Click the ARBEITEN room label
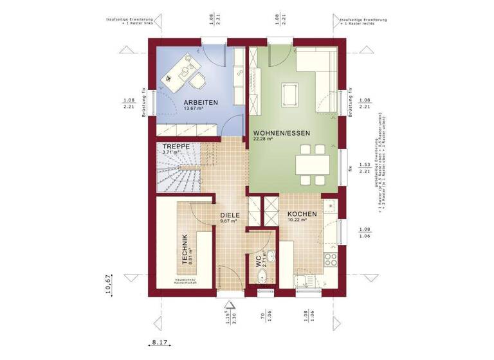[x=200, y=102]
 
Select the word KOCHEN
[x=301, y=214]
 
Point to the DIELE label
[x=230, y=215]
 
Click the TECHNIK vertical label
[x=185, y=249]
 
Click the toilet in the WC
[x=261, y=277]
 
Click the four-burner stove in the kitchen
[x=332, y=259]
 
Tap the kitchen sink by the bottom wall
[x=301, y=280]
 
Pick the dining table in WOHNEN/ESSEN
[x=311, y=164]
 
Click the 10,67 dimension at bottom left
[x=108, y=283]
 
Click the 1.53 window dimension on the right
[x=364, y=166]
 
